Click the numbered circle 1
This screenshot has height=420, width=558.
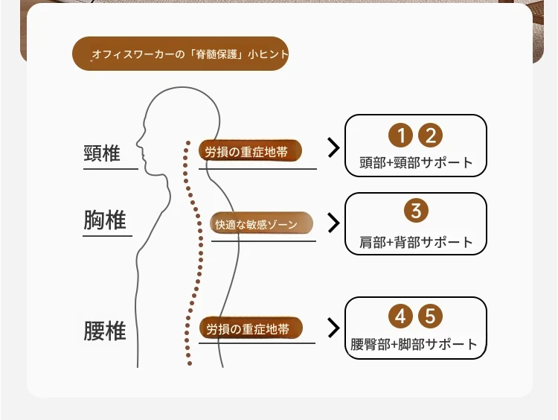(x=400, y=136)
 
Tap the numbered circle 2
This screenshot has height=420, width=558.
(x=430, y=136)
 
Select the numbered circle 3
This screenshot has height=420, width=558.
(x=416, y=211)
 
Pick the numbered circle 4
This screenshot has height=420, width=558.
(x=400, y=316)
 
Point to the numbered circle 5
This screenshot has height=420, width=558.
(x=430, y=316)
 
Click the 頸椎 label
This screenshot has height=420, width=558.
(x=102, y=153)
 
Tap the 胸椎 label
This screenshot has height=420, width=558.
(x=105, y=220)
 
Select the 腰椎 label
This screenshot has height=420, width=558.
(x=105, y=331)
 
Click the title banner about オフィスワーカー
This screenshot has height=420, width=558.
(x=180, y=54)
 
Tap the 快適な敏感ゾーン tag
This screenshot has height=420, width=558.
(x=261, y=224)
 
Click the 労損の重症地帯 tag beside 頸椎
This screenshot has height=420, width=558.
(x=250, y=151)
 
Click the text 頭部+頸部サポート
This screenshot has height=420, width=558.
(x=416, y=162)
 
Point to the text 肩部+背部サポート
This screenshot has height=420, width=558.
(x=416, y=242)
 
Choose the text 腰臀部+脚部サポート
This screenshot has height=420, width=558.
(x=414, y=345)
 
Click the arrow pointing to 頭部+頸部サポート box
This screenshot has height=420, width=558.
(x=333, y=147)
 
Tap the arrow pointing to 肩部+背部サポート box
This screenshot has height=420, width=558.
(x=333, y=223)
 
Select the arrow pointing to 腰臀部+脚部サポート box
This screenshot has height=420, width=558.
(x=333, y=328)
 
